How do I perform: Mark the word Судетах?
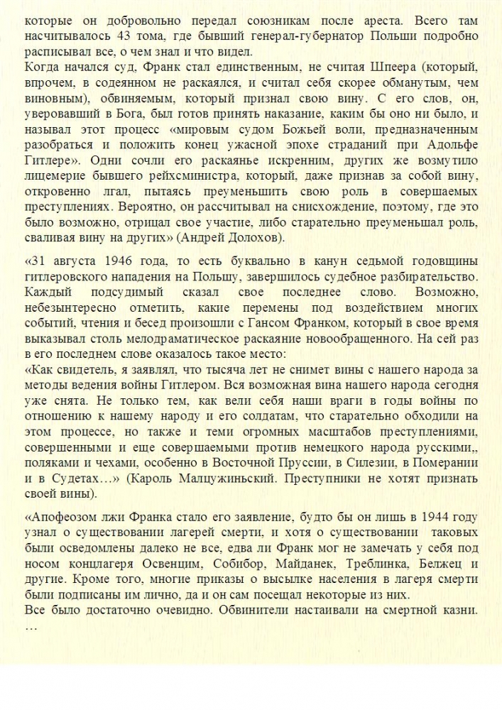[x=77, y=479]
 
